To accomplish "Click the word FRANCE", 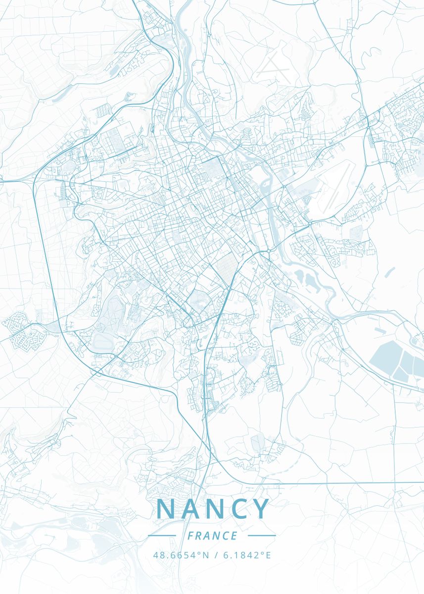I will point(212,536).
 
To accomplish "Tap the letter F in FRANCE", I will point(190,536).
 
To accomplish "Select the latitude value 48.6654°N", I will point(181,555).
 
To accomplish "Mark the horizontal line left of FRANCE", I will point(162,536).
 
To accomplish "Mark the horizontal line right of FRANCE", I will point(262,536).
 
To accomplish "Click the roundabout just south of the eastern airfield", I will point(310,223).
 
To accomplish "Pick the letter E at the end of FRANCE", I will point(234,536).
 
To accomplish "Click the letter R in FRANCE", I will point(199,536).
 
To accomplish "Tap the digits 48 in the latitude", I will point(158,555).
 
